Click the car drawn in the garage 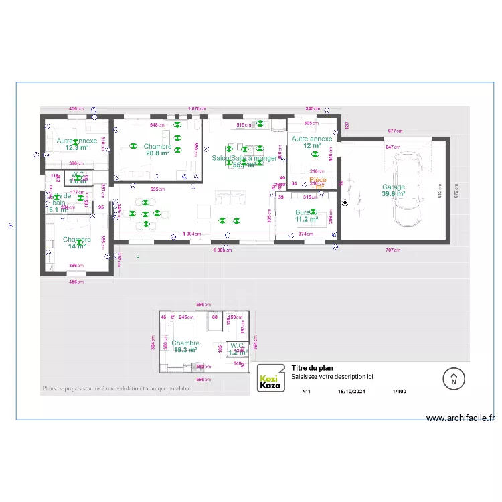click(409, 189)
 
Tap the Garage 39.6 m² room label click(394, 191)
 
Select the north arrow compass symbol click(453, 379)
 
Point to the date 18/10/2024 click(352, 392)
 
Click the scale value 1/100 click(399, 392)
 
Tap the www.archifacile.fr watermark click(461, 418)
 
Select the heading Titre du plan click(313, 368)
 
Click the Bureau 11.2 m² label click(306, 215)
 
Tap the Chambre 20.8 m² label click(157, 149)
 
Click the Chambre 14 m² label click(76, 242)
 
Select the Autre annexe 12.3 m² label click(76, 144)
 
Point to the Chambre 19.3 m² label click(185, 346)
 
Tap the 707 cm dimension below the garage click(393, 250)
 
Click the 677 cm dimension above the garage click(394, 131)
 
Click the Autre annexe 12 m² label click(312, 142)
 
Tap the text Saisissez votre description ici click(332, 377)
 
